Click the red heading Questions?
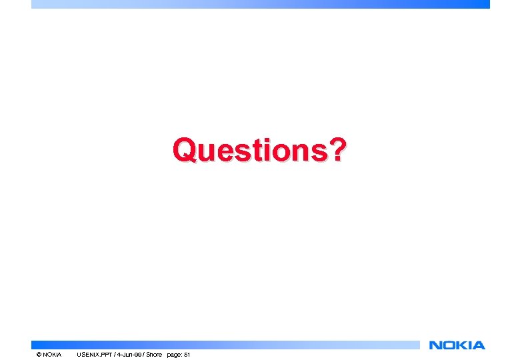click(259, 150)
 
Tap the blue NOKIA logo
click(457, 345)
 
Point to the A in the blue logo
click(478, 345)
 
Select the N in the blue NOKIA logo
click(436, 345)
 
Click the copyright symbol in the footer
click(39, 355)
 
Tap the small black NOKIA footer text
click(52, 355)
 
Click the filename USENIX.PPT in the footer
click(93, 355)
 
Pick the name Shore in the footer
click(154, 355)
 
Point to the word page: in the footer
click(174, 355)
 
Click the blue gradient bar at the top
click(260, 4)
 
